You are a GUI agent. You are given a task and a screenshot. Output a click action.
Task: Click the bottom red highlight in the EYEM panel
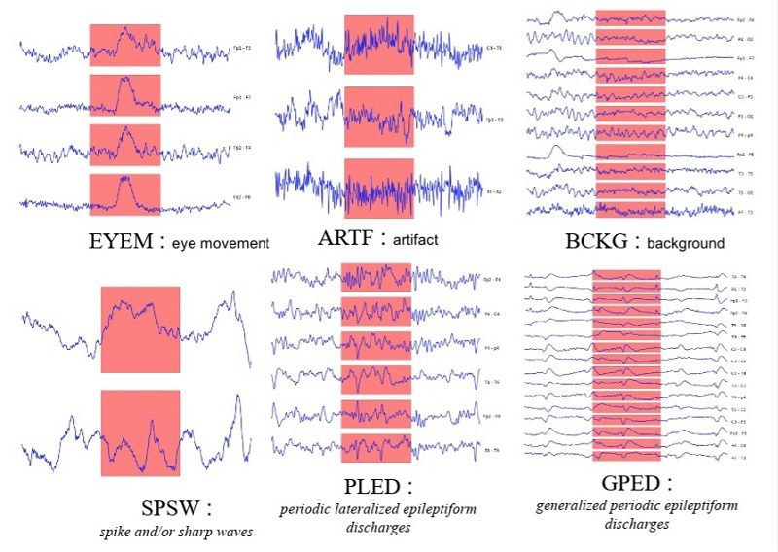pyautogui.click(x=124, y=192)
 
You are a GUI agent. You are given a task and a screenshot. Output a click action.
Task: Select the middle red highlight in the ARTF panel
pyautogui.click(x=379, y=116)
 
